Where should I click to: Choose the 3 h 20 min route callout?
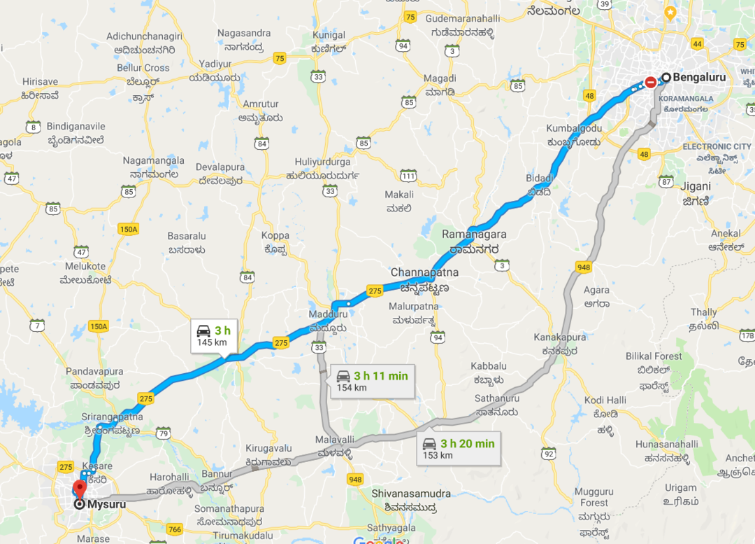click(x=458, y=449)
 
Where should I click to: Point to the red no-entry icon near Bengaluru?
click(x=650, y=81)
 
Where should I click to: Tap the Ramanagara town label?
click(x=474, y=235)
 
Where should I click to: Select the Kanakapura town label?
click(x=560, y=337)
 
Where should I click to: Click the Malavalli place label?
click(x=336, y=439)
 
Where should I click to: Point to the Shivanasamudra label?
click(x=411, y=494)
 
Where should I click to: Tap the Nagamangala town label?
click(x=154, y=160)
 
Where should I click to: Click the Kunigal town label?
click(x=329, y=35)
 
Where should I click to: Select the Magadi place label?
click(x=440, y=78)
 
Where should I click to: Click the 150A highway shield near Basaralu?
click(x=129, y=229)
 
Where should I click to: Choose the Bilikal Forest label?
click(x=654, y=356)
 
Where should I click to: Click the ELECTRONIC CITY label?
click(x=717, y=146)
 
